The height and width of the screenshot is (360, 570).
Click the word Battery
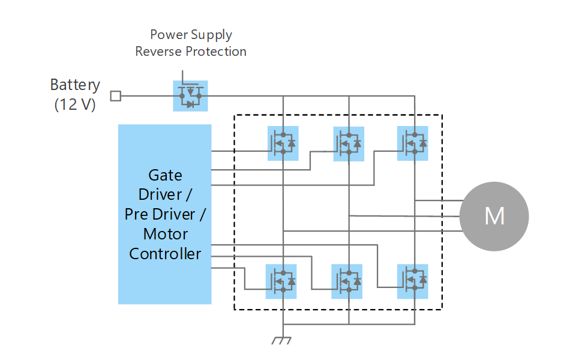[x=75, y=85]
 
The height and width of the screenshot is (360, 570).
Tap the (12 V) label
[x=75, y=104]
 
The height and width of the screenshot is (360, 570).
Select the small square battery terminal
[x=116, y=95]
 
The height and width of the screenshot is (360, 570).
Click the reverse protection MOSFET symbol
[x=190, y=96]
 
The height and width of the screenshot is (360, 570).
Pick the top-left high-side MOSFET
[x=283, y=143]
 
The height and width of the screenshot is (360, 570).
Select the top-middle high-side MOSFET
[x=349, y=143]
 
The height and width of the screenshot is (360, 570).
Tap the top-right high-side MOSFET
[x=413, y=143]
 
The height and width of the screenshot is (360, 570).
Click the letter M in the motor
[x=494, y=216]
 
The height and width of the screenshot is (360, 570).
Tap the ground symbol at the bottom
[x=281, y=340]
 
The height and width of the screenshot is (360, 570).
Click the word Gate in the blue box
[x=165, y=175]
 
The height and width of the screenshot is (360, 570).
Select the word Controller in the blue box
[x=165, y=254]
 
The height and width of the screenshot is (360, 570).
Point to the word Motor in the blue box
[x=165, y=234]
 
